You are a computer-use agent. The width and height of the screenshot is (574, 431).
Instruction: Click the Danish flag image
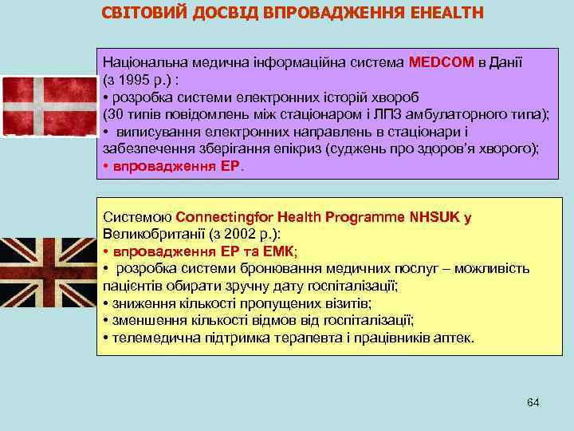48,105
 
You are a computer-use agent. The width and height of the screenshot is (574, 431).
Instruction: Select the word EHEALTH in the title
446,14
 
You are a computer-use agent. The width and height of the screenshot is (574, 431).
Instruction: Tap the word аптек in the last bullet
455,338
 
